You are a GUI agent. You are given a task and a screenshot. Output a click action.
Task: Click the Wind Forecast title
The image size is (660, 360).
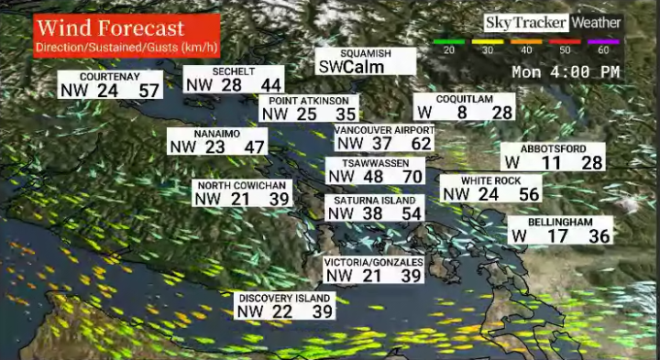(x=110, y=28)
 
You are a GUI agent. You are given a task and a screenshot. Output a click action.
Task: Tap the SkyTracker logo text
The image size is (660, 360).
(x=525, y=22)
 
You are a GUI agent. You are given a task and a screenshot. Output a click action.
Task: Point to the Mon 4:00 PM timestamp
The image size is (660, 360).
(x=566, y=71)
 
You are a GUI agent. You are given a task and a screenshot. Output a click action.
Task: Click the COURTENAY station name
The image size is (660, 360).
(x=109, y=77)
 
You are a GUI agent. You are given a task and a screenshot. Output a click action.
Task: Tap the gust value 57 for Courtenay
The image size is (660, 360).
(x=149, y=90)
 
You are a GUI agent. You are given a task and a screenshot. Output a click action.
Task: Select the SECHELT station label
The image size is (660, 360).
(x=233, y=71)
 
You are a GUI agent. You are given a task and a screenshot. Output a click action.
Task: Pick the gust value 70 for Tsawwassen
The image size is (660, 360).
(x=412, y=176)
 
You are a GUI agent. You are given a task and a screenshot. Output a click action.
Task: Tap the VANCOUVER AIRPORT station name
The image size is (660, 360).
(x=383, y=130)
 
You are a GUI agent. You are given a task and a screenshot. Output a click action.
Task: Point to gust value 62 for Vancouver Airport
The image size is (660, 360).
(x=421, y=143)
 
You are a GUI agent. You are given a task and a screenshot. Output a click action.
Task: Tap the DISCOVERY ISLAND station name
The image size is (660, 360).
(x=283, y=299)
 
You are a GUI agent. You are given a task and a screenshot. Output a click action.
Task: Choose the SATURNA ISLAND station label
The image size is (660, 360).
(x=374, y=201)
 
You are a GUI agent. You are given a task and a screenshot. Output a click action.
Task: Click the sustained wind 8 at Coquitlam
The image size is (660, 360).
(x=462, y=112)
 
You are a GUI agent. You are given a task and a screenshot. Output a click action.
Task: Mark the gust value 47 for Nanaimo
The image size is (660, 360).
(x=255, y=147)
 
